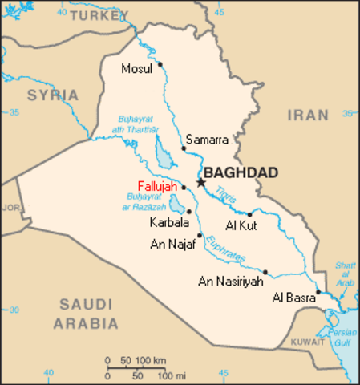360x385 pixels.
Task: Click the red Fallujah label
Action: pos(158,186)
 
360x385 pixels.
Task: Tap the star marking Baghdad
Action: pos(200,183)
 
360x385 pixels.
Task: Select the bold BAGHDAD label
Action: pos(241,172)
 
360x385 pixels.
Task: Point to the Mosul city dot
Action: pos(160,64)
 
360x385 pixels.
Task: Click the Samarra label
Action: pos(208,140)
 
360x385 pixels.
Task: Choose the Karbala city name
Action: pos(169,221)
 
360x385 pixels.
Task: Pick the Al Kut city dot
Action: pos(249,214)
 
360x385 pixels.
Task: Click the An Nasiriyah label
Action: pos(230,282)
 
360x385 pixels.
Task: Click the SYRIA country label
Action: pos(53,95)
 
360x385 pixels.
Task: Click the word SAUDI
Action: pos(85,306)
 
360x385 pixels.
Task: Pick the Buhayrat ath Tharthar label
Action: pos(137,122)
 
